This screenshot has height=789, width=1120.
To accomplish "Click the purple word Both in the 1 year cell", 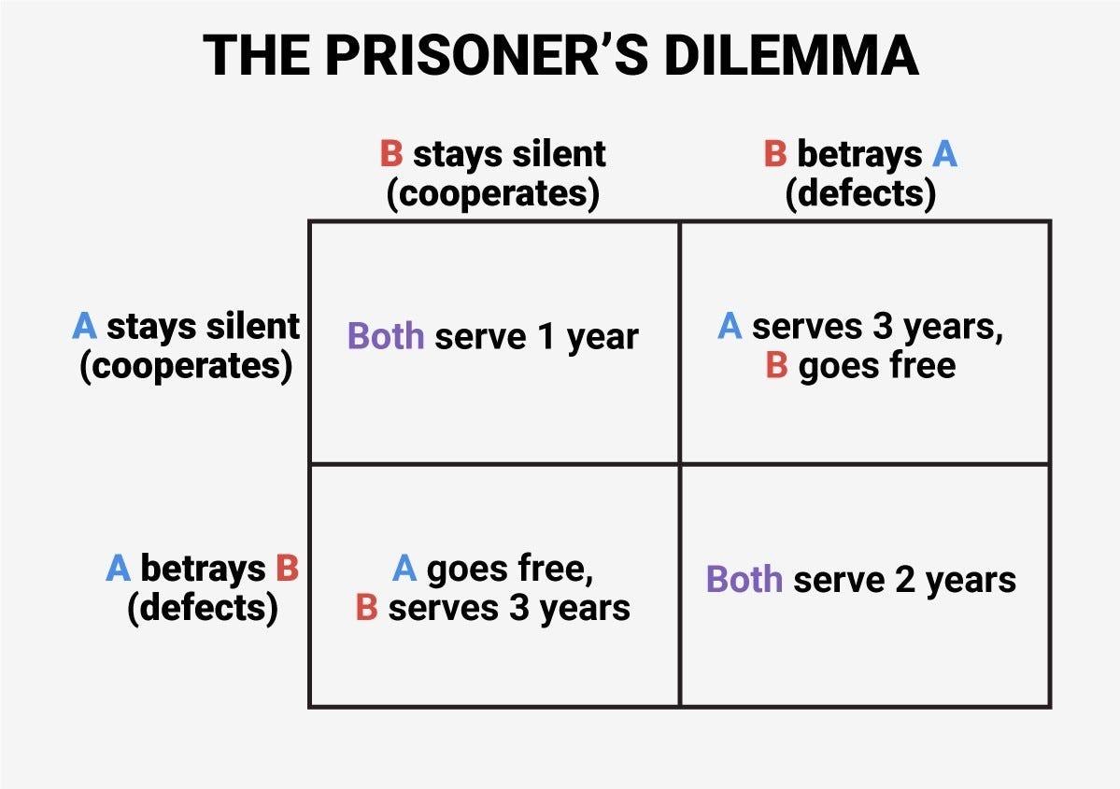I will point(386,336).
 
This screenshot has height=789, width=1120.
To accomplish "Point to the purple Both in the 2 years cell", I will point(744,580).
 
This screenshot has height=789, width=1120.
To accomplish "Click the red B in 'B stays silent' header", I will point(390,154).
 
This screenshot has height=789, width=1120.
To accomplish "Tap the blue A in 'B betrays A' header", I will point(944,154).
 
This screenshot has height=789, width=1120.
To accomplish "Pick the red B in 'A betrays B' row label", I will point(286,568).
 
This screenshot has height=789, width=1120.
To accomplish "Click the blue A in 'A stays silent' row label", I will point(85,327).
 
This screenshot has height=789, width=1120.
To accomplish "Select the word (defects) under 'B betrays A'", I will point(859,194).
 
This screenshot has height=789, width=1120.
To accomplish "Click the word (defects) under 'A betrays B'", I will point(202,608).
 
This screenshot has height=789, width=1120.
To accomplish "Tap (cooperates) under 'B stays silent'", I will point(492,194).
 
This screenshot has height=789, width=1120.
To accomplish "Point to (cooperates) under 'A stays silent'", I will point(186,366).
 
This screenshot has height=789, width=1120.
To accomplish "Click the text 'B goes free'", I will point(859,365).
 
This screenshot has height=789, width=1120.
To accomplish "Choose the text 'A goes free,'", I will point(493,568).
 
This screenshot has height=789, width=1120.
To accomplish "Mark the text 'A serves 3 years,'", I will point(859,326).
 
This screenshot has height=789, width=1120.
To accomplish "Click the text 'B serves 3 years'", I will point(493,608).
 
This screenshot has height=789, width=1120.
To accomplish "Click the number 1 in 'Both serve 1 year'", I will point(546,336).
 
